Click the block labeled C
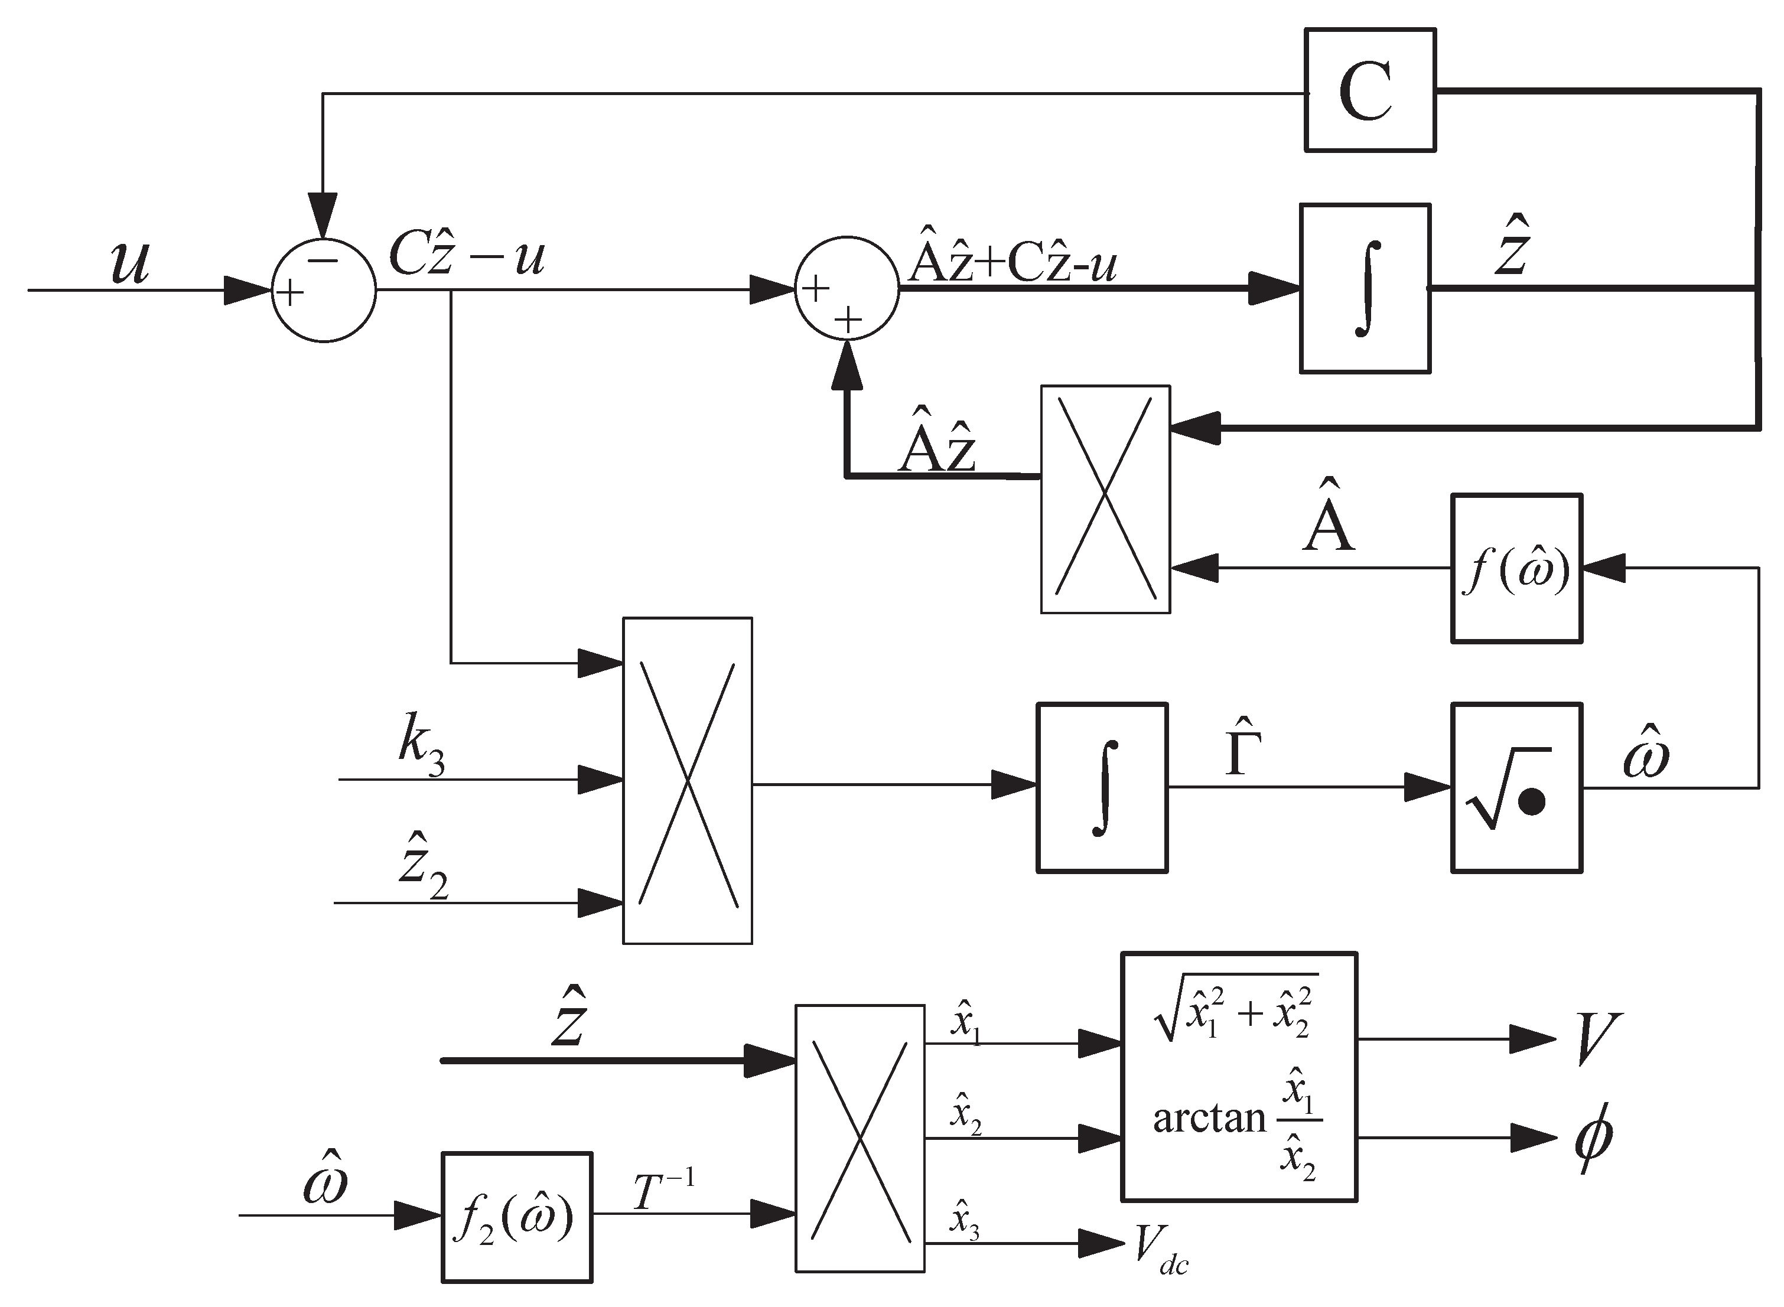point(1369,89)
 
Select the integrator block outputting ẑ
point(1365,288)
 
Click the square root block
point(1516,788)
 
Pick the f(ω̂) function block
point(1516,568)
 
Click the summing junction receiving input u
point(324,291)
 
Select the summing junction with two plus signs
point(847,289)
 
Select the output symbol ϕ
point(1593,1140)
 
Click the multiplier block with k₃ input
point(688,781)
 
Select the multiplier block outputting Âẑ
point(1105,499)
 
